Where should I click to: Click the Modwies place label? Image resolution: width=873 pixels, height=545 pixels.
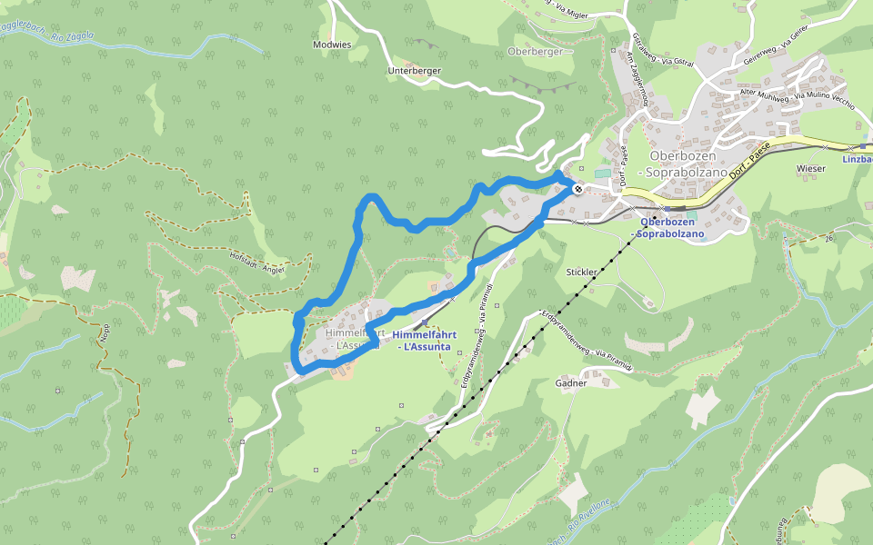tap(331, 45)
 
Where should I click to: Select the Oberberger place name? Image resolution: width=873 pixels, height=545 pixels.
tap(536, 52)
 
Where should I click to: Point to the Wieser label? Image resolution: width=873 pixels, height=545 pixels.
tap(810, 168)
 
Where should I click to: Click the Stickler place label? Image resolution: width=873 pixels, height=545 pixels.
tap(581, 272)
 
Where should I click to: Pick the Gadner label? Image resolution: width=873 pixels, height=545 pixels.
tap(571, 383)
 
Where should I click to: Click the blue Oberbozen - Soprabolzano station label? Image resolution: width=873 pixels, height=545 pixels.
tap(673, 228)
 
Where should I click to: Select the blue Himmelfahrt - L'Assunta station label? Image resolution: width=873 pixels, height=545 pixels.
tap(425, 341)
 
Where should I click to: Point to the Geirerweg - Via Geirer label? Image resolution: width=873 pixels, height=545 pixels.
tap(775, 45)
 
